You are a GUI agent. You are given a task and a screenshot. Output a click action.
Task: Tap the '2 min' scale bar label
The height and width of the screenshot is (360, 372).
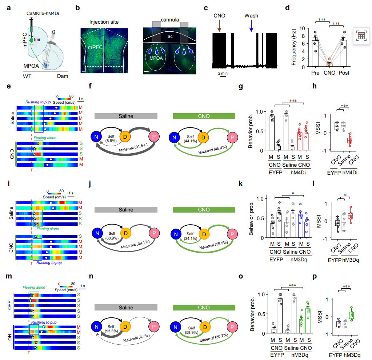click(x=223, y=73)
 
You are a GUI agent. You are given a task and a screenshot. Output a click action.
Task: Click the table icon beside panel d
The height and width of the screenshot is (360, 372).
click(x=361, y=36)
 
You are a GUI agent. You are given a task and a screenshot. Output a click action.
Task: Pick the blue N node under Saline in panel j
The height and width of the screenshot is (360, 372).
click(x=97, y=233)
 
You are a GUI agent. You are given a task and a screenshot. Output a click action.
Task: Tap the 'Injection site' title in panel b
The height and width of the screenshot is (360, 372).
click(x=104, y=22)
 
